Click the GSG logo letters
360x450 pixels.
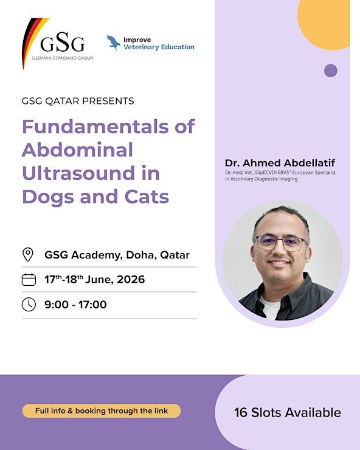(x=62, y=42)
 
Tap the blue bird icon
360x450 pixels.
(x=113, y=42)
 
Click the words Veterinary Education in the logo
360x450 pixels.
(x=159, y=47)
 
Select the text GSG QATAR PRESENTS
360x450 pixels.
(x=78, y=101)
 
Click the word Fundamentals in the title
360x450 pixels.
(x=95, y=126)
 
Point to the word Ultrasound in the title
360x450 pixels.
(x=78, y=173)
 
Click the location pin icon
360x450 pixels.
(x=28, y=254)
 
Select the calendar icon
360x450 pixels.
(x=29, y=280)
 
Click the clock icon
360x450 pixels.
(x=29, y=305)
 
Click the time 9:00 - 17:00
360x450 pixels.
(x=75, y=305)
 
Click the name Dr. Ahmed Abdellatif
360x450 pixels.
(x=280, y=163)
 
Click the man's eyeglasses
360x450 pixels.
(x=280, y=243)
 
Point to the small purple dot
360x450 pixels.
(x=331, y=71)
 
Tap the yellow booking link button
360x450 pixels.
(x=102, y=410)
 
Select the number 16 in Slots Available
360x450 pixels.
(x=241, y=413)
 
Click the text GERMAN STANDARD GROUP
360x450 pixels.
(x=63, y=58)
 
